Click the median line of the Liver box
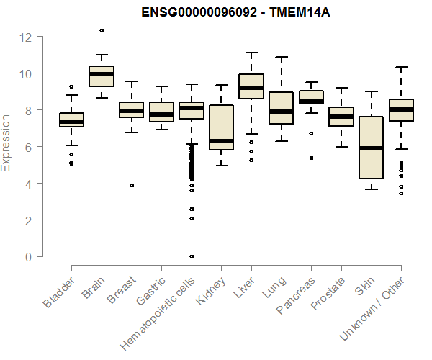pyautogui.click(x=251, y=88)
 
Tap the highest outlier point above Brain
pyautogui.click(x=102, y=30)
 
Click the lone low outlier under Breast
pyautogui.click(x=131, y=185)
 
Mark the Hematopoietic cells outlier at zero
pyautogui.click(x=191, y=256)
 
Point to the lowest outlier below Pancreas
pyautogui.click(x=310, y=158)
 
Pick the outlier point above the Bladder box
pyautogui.click(x=71, y=87)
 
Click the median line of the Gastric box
pyautogui.click(x=161, y=114)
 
